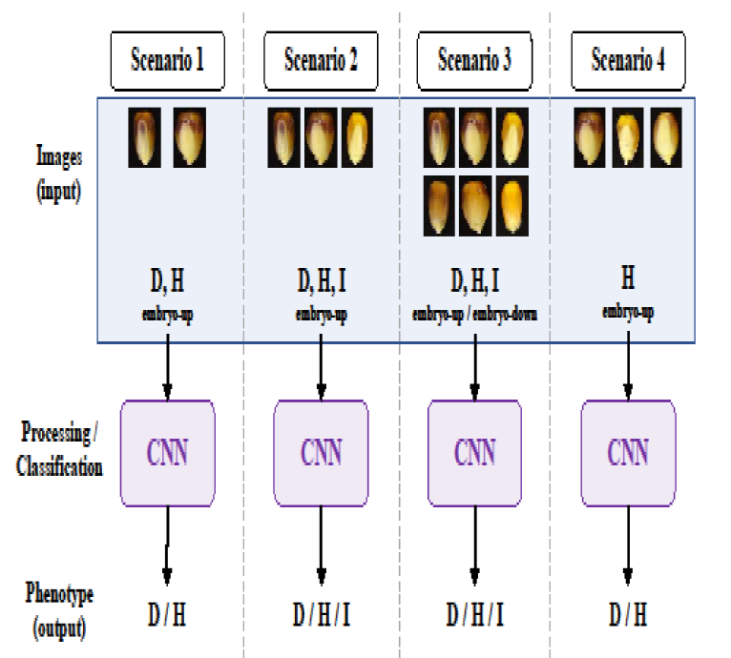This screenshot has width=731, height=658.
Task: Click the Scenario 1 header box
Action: [x=167, y=61]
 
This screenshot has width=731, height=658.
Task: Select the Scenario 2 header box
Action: [x=321, y=61]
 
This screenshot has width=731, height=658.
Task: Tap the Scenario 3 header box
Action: [x=474, y=61]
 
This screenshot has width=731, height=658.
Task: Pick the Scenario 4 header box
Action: [x=628, y=61]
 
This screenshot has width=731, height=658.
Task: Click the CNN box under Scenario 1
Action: [x=167, y=453]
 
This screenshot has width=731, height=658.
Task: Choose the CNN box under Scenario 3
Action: [x=474, y=453]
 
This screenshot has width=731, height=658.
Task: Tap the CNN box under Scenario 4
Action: [x=628, y=453]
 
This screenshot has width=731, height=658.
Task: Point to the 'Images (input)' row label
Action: [x=59, y=174]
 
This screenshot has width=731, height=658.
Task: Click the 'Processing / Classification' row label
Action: [x=59, y=449]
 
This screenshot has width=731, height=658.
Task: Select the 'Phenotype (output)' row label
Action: [x=59, y=610]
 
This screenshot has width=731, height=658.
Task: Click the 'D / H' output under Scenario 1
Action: [x=167, y=614]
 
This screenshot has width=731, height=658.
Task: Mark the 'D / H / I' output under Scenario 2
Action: [x=322, y=614]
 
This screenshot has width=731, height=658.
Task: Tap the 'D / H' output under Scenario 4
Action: [x=628, y=614]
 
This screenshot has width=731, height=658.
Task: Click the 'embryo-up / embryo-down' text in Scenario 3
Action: [x=474, y=315]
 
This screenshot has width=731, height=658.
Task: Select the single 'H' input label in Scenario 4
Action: [x=628, y=278]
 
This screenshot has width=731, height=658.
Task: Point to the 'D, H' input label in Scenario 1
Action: [x=167, y=280]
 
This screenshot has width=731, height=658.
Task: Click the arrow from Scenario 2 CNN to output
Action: [x=321, y=545]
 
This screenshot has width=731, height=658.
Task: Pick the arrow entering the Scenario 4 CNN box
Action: [x=628, y=366]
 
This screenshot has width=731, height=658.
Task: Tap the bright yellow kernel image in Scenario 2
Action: [x=357, y=137]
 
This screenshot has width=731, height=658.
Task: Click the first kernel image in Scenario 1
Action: [x=144, y=137]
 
